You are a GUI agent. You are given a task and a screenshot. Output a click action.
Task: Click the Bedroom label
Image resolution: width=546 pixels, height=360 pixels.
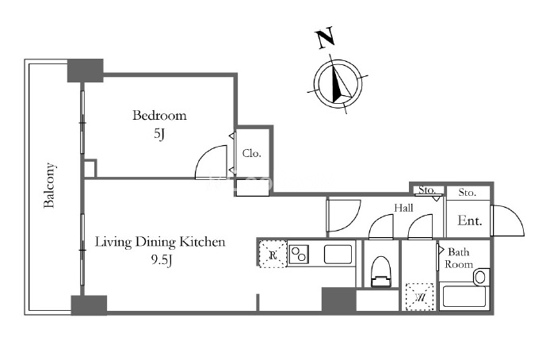159,115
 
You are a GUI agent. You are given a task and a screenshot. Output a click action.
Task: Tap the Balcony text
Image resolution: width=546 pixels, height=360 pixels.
49,185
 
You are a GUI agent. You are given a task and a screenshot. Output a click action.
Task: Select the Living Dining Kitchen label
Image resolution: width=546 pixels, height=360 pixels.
160,242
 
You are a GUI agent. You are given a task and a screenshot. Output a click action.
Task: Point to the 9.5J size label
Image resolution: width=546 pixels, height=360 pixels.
161,260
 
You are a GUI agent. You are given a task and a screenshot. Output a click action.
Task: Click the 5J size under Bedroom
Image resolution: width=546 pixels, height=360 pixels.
159,133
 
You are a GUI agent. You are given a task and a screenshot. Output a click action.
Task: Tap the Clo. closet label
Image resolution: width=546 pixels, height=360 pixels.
252,153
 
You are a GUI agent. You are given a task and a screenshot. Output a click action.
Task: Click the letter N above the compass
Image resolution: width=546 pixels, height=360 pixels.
325,37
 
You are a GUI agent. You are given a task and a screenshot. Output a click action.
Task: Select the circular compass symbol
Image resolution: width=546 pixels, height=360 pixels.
338,83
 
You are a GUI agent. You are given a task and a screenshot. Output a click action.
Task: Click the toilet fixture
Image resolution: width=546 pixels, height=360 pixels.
381,271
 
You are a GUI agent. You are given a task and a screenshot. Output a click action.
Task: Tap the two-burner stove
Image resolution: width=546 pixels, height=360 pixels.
299,254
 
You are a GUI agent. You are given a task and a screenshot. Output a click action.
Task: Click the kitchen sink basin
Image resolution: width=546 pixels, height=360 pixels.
338,255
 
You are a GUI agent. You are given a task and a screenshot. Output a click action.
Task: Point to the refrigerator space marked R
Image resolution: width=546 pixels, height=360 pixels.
273,254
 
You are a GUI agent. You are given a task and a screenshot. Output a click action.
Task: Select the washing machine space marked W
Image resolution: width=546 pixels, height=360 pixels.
420,297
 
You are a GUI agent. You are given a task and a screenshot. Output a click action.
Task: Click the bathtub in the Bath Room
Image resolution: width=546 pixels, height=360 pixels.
464,297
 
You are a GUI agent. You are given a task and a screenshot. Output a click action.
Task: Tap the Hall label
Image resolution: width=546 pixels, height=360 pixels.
403,208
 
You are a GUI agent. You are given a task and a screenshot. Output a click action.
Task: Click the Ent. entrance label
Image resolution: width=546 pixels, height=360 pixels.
470,220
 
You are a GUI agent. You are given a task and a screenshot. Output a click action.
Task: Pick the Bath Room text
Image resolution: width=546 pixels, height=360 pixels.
459,258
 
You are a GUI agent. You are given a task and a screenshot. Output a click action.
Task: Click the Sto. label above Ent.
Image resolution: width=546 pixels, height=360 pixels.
467,193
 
